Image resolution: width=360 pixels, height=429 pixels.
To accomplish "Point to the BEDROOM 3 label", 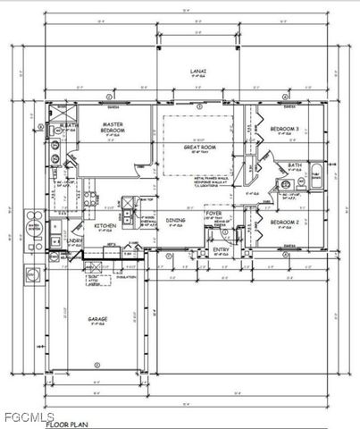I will [x=284, y=129].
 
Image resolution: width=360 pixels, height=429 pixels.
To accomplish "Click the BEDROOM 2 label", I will [x=284, y=221].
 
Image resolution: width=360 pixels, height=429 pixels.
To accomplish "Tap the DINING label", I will [x=175, y=219].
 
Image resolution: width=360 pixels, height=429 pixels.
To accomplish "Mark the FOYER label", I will [x=215, y=213].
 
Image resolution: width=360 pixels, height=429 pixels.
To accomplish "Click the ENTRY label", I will [x=222, y=249].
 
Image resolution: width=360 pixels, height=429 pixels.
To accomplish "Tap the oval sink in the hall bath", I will [x=288, y=186].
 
